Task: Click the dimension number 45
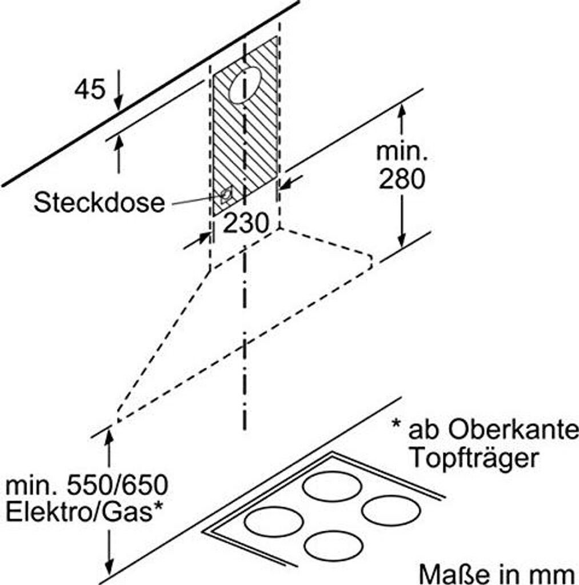[90, 89]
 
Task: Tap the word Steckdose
[99, 202]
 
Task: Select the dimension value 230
[246, 223]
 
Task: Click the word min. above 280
[401, 152]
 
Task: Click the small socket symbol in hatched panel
[226, 196]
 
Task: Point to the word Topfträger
[474, 458]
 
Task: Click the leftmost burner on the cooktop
[273, 521]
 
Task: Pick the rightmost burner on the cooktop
[392, 510]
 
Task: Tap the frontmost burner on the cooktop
[334, 546]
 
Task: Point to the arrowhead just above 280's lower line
[402, 240]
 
